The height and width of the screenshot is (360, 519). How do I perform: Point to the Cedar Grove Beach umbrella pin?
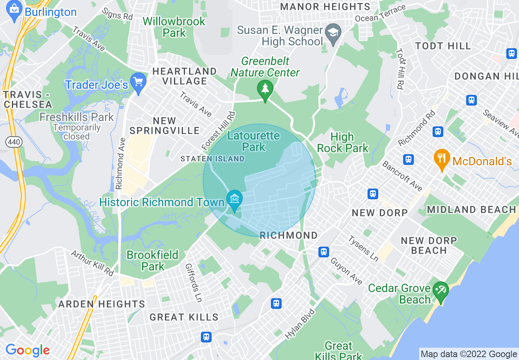point(441,291)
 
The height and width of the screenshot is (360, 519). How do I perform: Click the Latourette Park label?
point(254,141)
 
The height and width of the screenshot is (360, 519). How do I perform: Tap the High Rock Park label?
point(343,142)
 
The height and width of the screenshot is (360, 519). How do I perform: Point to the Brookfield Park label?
point(153,261)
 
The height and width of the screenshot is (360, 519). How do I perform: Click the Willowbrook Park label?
point(174,27)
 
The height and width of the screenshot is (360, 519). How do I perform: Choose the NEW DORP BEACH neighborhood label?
point(429,245)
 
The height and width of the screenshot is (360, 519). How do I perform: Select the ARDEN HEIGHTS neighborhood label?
point(102,304)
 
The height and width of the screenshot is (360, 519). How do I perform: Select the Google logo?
point(27,350)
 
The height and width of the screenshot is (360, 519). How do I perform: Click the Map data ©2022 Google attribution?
point(469,354)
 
